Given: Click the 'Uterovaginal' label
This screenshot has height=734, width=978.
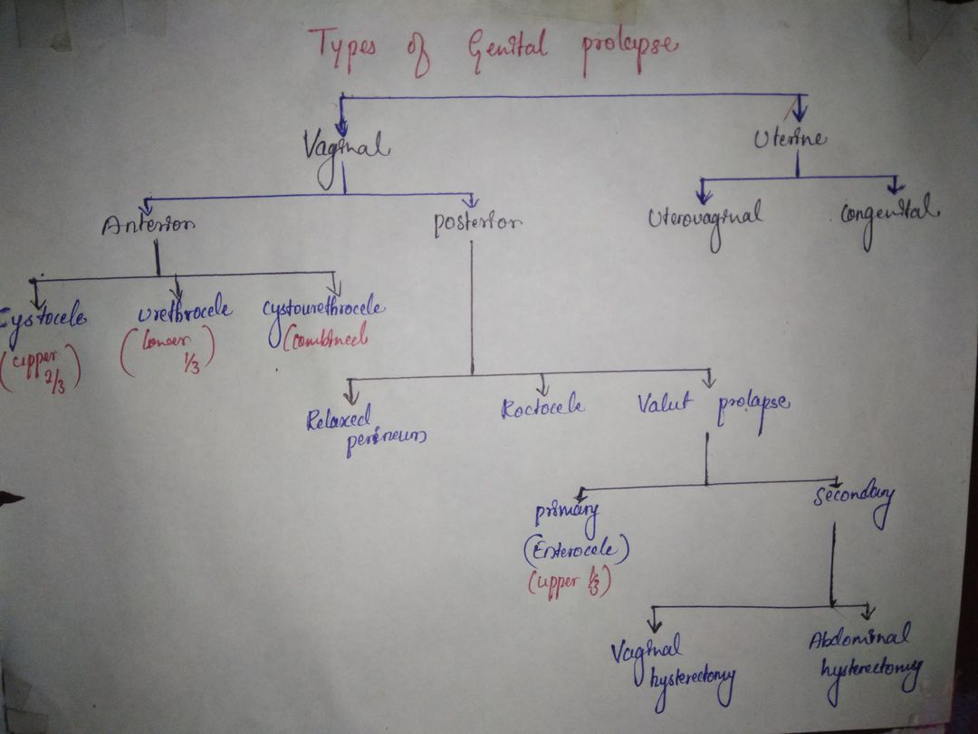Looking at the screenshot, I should (x=705, y=220).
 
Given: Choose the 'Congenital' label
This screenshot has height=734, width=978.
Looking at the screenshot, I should (x=889, y=216).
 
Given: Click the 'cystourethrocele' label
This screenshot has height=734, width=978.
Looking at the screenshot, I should (x=323, y=310).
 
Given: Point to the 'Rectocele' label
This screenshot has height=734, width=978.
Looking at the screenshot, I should (x=542, y=409).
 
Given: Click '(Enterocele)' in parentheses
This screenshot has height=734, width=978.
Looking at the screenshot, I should (x=576, y=550).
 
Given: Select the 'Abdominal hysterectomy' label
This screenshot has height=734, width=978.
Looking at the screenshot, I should (x=867, y=653).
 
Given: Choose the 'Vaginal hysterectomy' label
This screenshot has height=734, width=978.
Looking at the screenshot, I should (x=671, y=666).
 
